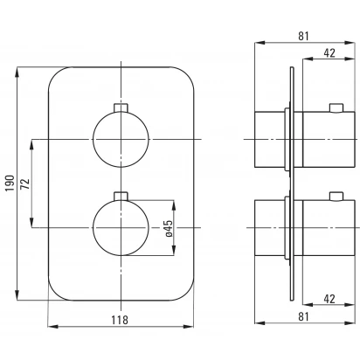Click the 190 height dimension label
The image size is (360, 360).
[x=10, y=183]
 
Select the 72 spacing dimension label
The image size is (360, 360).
[x=25, y=183]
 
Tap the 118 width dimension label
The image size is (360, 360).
[x=120, y=320]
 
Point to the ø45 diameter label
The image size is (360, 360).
[x=169, y=228]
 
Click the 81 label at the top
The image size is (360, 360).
[x=303, y=36]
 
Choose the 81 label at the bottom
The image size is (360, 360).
[x=303, y=316]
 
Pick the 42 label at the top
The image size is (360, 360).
[x=329, y=52]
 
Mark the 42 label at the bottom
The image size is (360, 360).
[x=329, y=299]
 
